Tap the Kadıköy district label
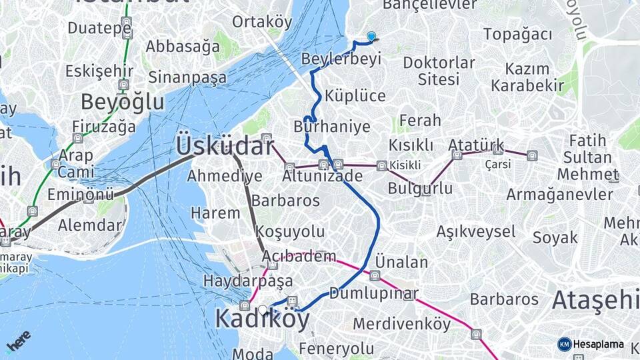pos(262,320)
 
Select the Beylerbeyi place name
pos(341,59)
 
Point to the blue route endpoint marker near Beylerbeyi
pos(371,37)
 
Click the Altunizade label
pos(322,177)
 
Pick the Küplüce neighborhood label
pos(355,95)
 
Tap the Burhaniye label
pos(331,126)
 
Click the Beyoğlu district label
pos(122,102)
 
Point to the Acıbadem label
pos(299,257)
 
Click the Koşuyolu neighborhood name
pos(290,232)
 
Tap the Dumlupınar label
pos(373,294)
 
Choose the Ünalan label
pos(401,262)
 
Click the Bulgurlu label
pos(420,188)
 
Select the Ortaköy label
pos(262,21)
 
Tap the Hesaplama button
pos(591,344)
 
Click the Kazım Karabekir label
pos(527,77)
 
